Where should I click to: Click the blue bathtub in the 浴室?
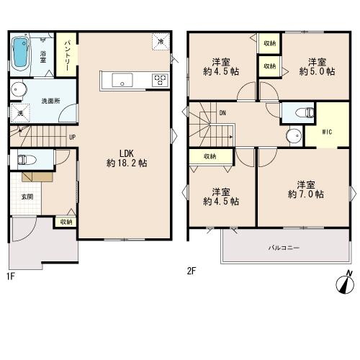(20, 53)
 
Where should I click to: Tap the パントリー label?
(67, 55)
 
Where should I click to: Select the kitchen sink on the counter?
(122, 80)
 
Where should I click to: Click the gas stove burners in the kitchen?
(160, 80)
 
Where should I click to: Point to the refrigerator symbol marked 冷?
(161, 41)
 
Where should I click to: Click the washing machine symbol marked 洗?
(20, 113)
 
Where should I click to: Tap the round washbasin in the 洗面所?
(19, 89)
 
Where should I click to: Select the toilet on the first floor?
(26, 160)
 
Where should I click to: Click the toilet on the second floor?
(305, 112)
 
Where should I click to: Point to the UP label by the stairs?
(72, 138)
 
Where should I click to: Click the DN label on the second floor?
(222, 113)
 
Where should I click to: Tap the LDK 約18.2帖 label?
(127, 158)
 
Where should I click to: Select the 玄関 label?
(27, 197)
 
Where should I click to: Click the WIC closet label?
(327, 132)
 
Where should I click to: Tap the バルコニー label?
(284, 248)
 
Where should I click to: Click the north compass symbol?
(345, 283)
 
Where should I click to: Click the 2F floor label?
(192, 271)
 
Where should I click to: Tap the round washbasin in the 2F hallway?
(294, 135)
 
